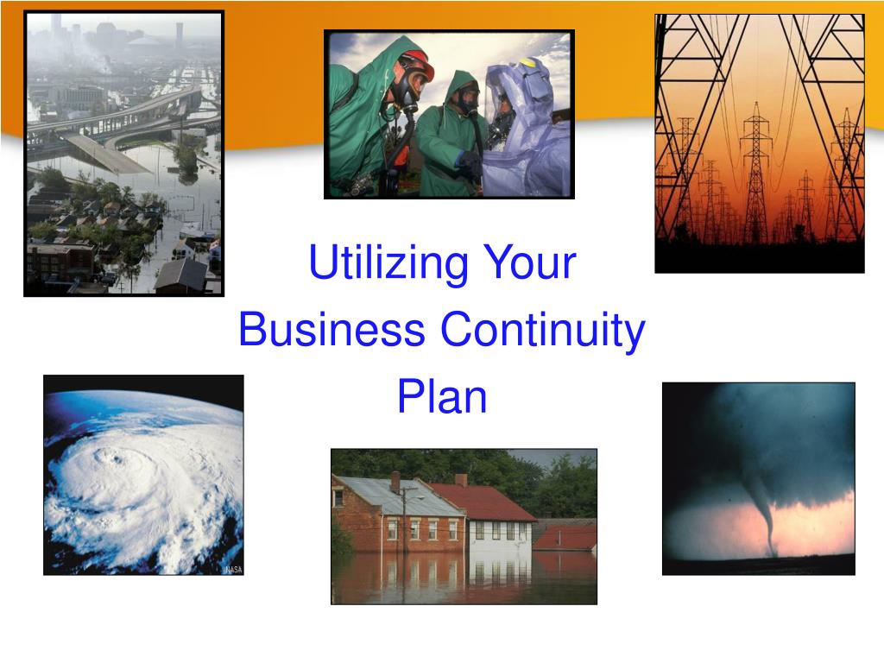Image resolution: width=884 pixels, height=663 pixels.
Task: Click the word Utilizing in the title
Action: (388, 263)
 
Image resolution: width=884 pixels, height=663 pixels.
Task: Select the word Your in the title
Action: (530, 262)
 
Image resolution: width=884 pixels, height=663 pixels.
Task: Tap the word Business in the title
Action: (331, 329)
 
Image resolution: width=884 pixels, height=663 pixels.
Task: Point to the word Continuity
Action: (542, 331)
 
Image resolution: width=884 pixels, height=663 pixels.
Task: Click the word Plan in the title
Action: (442, 396)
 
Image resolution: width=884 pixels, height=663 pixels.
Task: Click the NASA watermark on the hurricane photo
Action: (233, 570)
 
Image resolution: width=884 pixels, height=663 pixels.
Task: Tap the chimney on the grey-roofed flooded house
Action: (395, 483)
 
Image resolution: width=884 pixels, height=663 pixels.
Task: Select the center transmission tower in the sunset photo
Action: (756, 174)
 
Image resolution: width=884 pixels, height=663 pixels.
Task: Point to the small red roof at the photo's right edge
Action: (565, 538)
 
